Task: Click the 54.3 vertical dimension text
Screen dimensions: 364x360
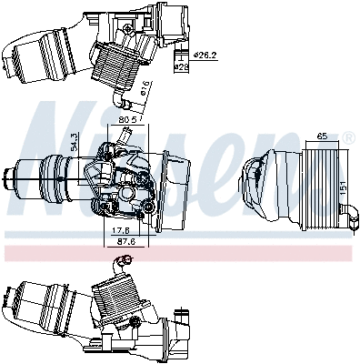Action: click(75, 144)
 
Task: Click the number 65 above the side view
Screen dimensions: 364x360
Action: click(322, 136)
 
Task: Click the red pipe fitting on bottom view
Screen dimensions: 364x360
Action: click(127, 263)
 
